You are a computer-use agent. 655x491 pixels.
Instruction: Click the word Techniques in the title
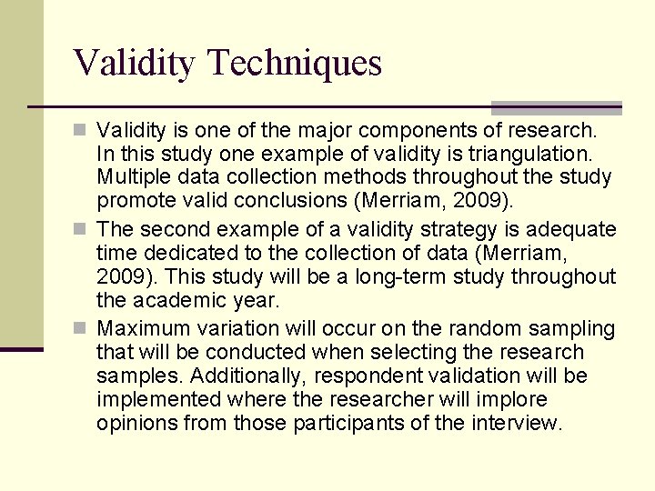[x=295, y=64]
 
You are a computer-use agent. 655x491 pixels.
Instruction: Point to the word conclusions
[x=277, y=200]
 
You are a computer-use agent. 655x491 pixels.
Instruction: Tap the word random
[x=469, y=328]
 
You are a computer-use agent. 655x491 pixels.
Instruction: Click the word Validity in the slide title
[x=134, y=64]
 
